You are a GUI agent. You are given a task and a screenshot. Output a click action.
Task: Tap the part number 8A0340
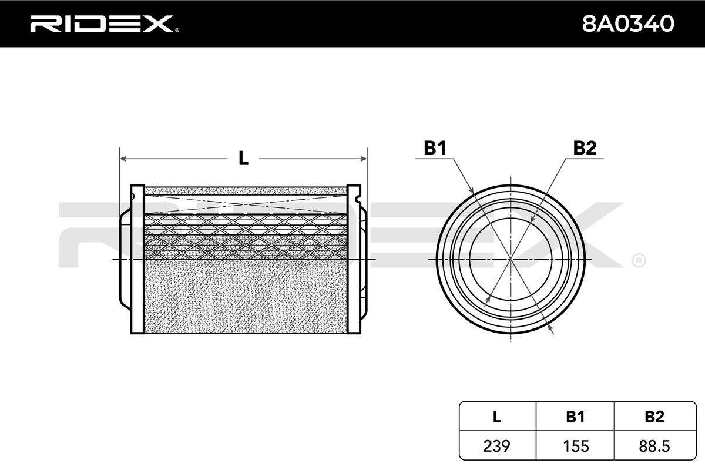[x=628, y=23]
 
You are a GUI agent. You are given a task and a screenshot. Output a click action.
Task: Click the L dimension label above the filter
[x=243, y=158]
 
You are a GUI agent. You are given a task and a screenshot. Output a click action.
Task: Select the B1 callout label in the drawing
[x=435, y=147]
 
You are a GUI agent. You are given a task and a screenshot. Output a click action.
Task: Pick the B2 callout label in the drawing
[x=585, y=147]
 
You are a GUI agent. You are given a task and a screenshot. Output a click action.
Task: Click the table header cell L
[x=496, y=417]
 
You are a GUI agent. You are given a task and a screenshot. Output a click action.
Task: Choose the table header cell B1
[x=575, y=417]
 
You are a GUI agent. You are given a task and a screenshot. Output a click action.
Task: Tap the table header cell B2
[x=654, y=417]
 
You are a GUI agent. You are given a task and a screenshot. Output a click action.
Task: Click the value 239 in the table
[x=496, y=446]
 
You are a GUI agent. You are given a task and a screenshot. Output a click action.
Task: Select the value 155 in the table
[x=576, y=446]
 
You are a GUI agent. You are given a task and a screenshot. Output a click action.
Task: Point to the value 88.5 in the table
[x=654, y=446]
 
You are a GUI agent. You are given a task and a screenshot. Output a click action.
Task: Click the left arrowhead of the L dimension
[x=123, y=159]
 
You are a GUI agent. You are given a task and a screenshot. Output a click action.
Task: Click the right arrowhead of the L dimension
[x=364, y=159]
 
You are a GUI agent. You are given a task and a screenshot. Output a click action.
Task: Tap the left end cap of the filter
[x=137, y=258]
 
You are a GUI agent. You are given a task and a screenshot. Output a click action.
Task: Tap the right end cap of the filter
[x=354, y=258]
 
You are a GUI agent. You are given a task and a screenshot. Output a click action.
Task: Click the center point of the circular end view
[x=511, y=258]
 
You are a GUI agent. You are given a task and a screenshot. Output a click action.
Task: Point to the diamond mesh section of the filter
[x=246, y=236]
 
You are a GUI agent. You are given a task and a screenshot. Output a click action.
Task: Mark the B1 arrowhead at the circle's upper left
[x=471, y=190]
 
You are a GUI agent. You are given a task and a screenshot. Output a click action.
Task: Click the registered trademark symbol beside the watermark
[x=639, y=261]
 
